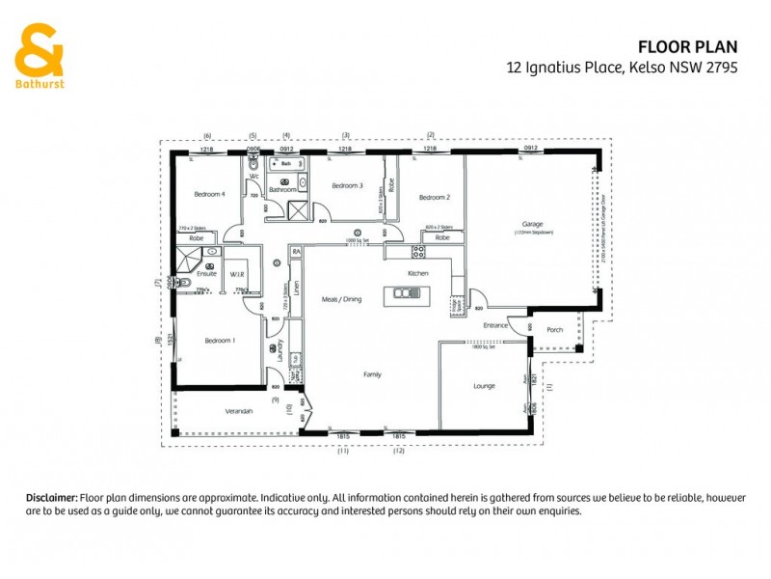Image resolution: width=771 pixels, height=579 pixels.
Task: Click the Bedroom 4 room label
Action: point(209,194)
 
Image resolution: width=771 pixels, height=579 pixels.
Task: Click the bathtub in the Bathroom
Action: point(286,165)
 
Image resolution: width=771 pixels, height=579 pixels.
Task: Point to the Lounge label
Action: point(484,386)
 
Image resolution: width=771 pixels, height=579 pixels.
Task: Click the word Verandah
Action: point(238,411)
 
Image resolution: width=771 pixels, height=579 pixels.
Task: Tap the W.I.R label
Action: point(237,275)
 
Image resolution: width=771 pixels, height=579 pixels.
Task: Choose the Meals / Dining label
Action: point(341,300)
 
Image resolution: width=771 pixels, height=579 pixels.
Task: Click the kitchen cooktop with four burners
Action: point(419,252)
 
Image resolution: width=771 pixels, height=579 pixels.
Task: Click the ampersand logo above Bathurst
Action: point(39,49)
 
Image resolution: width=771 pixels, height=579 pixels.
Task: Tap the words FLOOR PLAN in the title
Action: point(688,45)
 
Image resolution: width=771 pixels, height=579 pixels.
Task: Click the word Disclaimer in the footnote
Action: point(51,497)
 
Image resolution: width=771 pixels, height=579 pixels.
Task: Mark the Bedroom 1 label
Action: point(221,341)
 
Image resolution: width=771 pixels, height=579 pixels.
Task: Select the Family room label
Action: point(372,373)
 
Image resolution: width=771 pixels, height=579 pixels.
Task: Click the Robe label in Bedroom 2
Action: point(441,237)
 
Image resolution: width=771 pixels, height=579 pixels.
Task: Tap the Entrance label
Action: point(495,326)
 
